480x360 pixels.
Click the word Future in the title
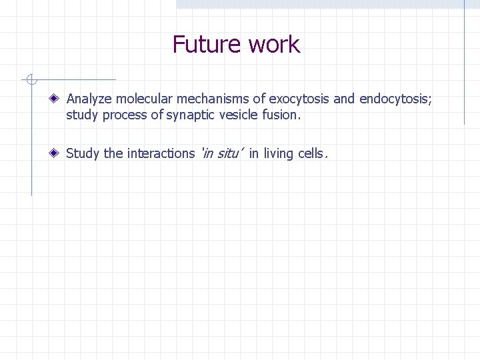207,45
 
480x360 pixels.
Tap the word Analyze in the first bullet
90,99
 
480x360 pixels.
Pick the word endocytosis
395,99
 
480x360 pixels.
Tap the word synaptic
193,115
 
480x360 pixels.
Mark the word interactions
161,153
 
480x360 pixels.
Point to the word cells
311,153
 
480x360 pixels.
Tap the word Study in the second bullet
83,153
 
